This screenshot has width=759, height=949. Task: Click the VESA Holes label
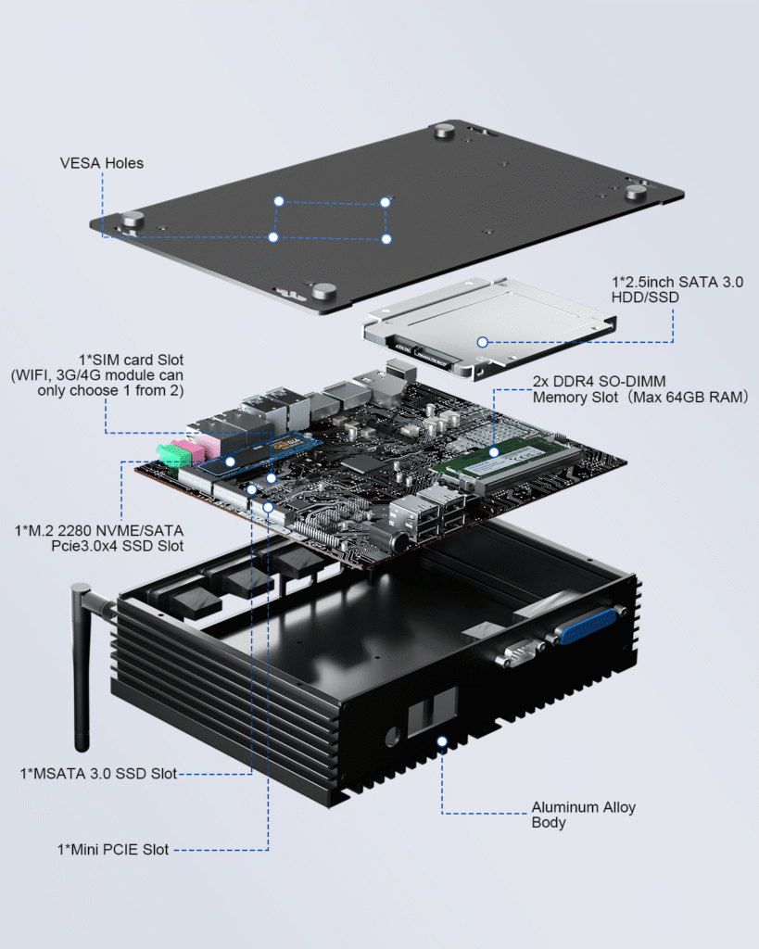[x=102, y=163]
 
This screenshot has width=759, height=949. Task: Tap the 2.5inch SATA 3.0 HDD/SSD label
[x=677, y=288]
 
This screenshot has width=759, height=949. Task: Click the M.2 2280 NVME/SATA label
[x=99, y=538]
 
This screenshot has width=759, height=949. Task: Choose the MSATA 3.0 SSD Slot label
[x=98, y=773]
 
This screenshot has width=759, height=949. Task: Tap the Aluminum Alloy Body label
[x=583, y=815]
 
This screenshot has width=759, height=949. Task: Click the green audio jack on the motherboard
[x=168, y=454]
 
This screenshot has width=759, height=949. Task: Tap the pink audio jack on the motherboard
[x=191, y=449]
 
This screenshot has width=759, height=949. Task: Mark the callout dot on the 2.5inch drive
[x=482, y=342]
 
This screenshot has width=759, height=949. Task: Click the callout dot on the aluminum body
[x=442, y=742]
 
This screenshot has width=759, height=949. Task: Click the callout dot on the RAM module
[x=494, y=452]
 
